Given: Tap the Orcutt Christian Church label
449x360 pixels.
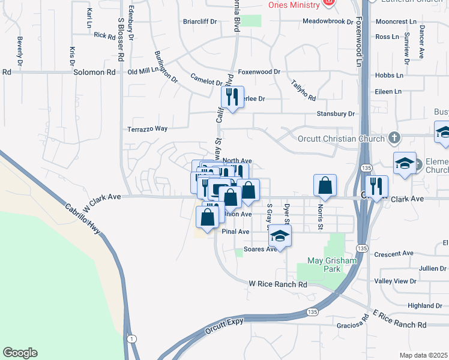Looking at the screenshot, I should click(x=341, y=139).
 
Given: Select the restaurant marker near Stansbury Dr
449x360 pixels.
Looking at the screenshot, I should click(x=232, y=97).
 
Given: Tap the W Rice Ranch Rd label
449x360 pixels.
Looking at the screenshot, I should click(x=278, y=284).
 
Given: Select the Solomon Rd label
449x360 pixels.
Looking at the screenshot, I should click(x=94, y=72).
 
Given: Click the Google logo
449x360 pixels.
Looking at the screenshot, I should click(x=20, y=353).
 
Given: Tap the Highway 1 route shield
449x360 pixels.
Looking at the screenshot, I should click(x=131, y=339).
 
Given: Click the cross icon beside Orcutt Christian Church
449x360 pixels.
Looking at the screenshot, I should click(x=393, y=139).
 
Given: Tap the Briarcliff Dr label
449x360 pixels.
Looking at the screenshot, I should click(x=200, y=22).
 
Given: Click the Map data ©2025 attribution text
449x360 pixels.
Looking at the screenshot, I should click(x=424, y=355).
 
